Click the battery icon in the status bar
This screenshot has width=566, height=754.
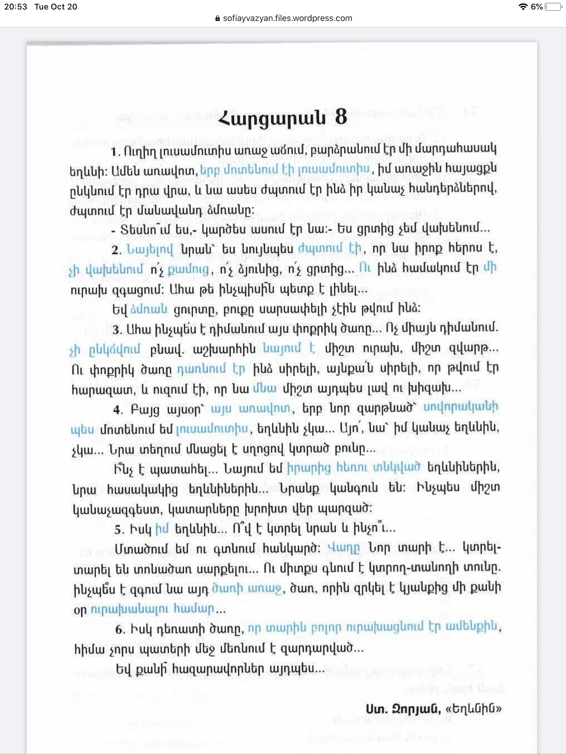[553, 7]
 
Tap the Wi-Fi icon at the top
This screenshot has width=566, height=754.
[523, 7]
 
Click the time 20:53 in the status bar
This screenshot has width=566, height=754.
[15, 7]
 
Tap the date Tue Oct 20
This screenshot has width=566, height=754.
[56, 7]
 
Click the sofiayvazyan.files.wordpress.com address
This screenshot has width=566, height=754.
[287, 18]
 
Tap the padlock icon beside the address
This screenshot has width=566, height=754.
[218, 19]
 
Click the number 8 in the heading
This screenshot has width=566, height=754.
[341, 118]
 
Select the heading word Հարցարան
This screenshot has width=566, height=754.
[272, 119]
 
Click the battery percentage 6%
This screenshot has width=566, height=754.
[537, 7]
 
